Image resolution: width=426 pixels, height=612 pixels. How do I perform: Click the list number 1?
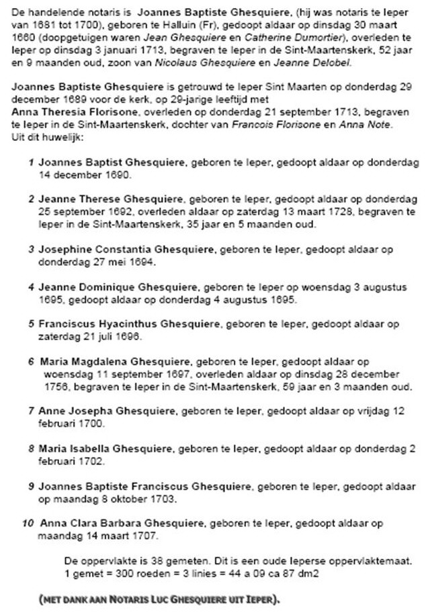click(31, 162)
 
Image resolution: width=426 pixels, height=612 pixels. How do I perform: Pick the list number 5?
click(31, 323)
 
